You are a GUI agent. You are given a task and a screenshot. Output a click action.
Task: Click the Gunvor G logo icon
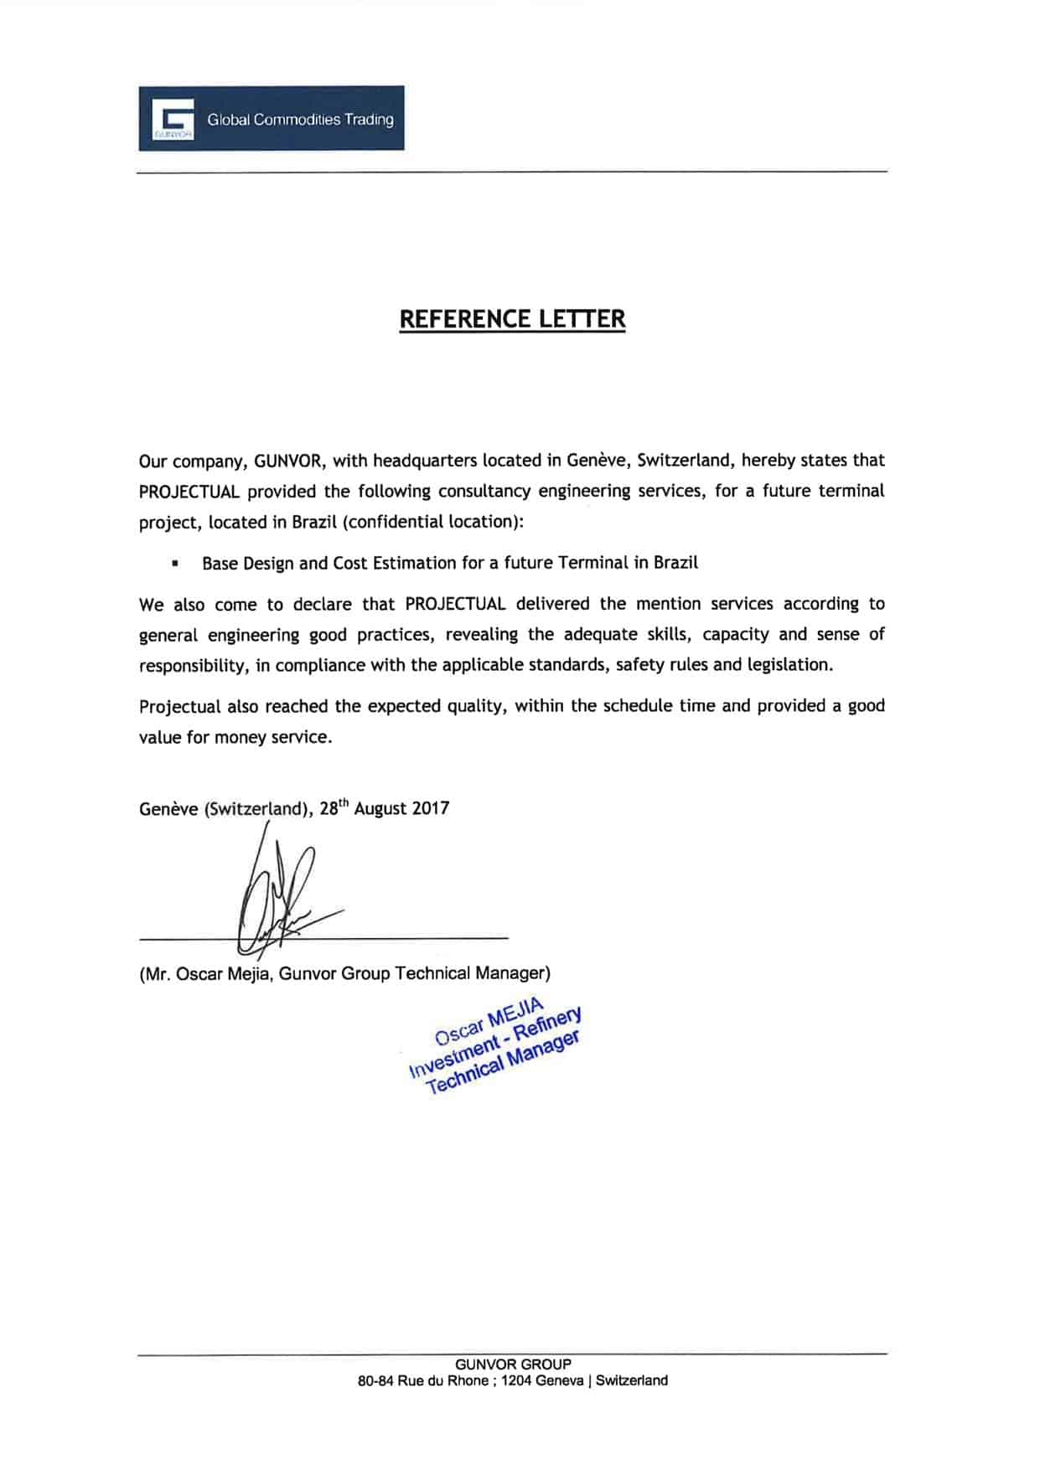click(x=173, y=118)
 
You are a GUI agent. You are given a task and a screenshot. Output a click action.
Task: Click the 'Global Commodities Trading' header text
click(x=300, y=120)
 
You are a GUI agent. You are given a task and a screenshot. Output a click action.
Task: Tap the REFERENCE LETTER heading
click(x=512, y=319)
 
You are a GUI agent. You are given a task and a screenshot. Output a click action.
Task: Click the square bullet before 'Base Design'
click(x=175, y=564)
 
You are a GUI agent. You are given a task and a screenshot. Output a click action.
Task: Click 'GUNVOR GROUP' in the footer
click(x=512, y=1364)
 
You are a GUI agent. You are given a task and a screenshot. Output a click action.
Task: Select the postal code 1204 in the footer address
click(x=517, y=1381)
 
